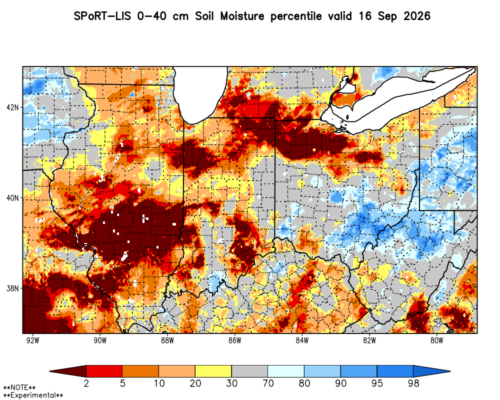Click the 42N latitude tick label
pos(13,107)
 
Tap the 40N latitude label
pos(13,198)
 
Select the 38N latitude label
pos(13,288)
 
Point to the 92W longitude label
pos(33,340)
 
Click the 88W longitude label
pos(167,340)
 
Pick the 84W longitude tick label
pos(302,340)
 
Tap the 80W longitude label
pos(436,340)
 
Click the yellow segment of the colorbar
pos(213,371)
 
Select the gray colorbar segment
pos(249,371)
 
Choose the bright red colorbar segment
pos(104,371)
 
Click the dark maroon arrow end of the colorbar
pos(68,371)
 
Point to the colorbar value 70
pos(268,383)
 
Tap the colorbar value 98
pos(413,383)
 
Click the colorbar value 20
pos(195,383)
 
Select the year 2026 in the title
pos(417,16)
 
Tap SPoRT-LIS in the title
pos(102,16)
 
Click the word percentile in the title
pos(296,16)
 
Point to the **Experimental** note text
pos(33,395)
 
